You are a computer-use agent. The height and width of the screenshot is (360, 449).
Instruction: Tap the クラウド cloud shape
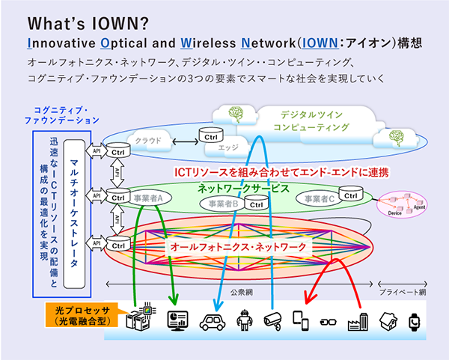[x=148, y=140]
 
